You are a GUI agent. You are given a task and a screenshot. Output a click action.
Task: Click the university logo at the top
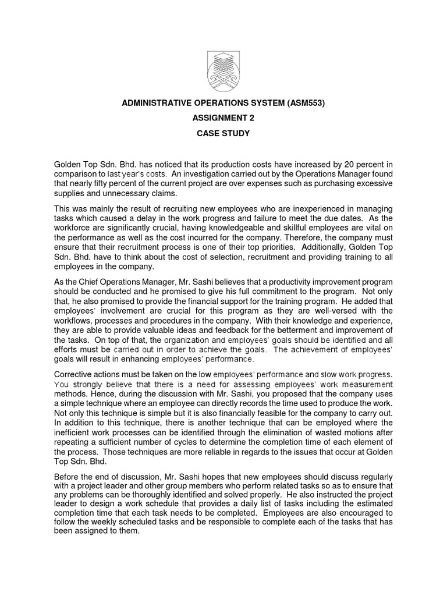tap(223, 70)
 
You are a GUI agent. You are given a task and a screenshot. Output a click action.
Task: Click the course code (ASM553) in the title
tap(301, 103)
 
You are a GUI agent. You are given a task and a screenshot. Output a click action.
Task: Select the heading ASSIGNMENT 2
tap(223, 118)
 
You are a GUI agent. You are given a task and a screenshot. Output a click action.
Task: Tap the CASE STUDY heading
tap(223, 133)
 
